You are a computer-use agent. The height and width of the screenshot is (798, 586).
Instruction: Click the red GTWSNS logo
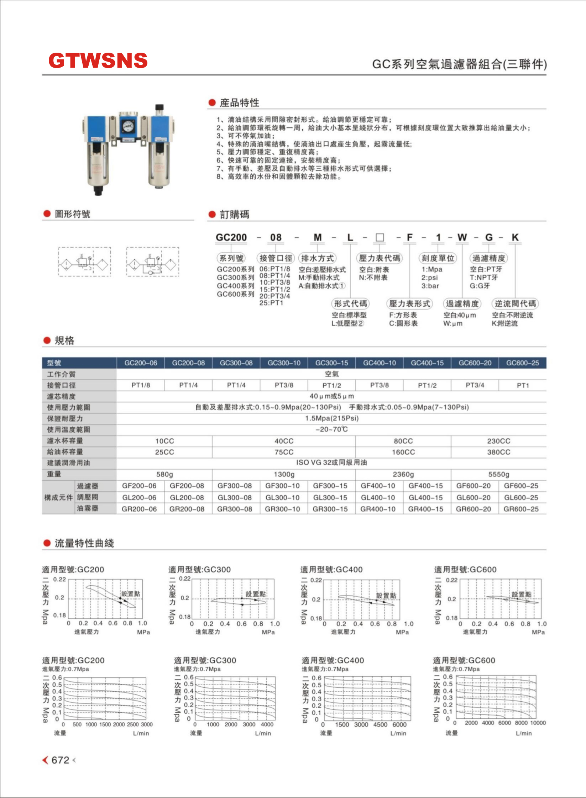[x=98, y=60]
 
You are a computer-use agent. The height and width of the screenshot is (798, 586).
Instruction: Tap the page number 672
[x=60, y=760]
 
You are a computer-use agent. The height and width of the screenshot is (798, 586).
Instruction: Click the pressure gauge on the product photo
[x=127, y=126]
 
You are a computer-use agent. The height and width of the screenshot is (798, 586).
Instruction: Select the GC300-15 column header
[x=331, y=363]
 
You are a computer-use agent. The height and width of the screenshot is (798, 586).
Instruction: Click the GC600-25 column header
[x=522, y=363]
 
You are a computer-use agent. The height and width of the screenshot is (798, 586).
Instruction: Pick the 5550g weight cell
[x=498, y=474]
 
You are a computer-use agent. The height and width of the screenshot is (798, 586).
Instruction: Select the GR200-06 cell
[x=139, y=509]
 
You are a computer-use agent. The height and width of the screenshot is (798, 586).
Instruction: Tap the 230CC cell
[x=498, y=441]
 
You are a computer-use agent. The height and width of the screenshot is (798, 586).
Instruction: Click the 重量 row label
[x=54, y=474]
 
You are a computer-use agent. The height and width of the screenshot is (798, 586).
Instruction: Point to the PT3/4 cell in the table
[x=475, y=385]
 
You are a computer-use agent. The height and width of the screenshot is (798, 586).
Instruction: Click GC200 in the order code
[x=231, y=237]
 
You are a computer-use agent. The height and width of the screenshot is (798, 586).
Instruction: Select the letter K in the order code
[x=515, y=237]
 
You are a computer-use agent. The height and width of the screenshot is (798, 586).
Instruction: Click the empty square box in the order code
[x=380, y=237]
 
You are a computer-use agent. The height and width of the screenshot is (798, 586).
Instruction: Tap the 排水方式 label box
[x=318, y=258]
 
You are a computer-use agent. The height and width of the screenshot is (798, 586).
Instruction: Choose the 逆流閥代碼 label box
[x=515, y=303]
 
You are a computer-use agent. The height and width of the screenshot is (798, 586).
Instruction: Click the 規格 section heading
[x=64, y=340]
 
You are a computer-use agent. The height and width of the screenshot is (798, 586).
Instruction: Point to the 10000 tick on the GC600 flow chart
[x=538, y=723]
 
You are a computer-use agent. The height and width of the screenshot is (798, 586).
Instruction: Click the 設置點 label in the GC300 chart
[x=255, y=594]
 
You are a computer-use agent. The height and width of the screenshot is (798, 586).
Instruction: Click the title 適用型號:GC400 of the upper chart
[x=331, y=569]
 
